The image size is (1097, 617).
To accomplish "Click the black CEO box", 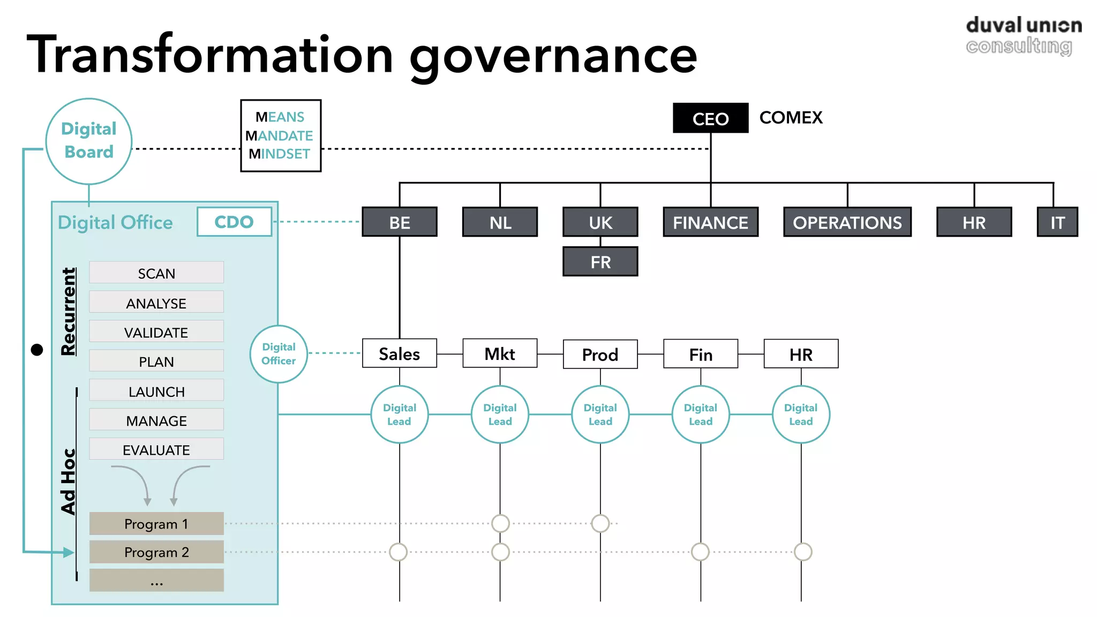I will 710,118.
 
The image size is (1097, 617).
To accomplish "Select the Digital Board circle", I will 89,141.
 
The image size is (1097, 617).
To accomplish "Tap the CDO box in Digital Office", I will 234,222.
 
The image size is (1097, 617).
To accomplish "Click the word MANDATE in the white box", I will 280,136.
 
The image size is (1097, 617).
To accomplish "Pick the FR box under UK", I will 600,262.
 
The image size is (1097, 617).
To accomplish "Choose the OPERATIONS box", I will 847,222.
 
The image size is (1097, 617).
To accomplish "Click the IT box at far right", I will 1057,222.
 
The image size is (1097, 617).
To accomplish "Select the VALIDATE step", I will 156,332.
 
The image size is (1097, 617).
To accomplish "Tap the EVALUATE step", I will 156,449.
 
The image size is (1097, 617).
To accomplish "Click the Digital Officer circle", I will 279,354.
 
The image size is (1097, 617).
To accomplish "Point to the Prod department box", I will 600,354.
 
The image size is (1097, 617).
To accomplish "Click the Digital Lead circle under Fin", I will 700,415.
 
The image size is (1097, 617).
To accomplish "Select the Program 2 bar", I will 156,552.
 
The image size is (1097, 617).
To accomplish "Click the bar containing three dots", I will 156,581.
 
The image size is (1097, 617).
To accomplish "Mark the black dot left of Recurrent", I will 37,350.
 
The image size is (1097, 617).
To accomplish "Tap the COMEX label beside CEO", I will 791,117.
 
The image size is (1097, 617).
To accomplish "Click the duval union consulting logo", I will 1023,35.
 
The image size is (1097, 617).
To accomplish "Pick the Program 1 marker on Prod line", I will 600,523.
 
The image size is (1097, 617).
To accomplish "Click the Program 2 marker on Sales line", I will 399,552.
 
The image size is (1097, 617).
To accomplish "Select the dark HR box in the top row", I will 973,222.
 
